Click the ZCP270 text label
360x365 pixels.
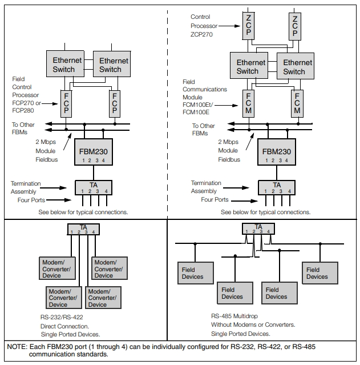click(x=201, y=34)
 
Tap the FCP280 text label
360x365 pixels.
click(x=23, y=110)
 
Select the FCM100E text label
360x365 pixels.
click(x=196, y=112)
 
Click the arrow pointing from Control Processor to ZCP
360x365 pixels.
click(x=229, y=26)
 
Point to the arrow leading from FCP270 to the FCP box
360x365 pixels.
click(x=50, y=103)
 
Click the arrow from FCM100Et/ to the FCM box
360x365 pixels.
click(x=226, y=106)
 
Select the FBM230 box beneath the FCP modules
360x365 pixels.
click(x=94, y=152)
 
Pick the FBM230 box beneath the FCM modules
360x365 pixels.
click(x=277, y=152)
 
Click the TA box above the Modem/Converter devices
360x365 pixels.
click(x=83, y=229)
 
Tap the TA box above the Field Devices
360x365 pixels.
click(x=258, y=228)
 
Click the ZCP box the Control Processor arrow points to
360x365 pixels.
click(x=248, y=26)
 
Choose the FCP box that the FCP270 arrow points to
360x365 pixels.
click(x=66, y=104)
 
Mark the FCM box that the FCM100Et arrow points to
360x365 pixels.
click(x=248, y=103)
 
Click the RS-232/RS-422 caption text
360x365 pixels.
click(x=62, y=317)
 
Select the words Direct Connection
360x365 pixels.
click(x=64, y=326)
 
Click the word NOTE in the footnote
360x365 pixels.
click(x=17, y=347)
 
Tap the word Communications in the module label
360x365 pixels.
click(x=205, y=89)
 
